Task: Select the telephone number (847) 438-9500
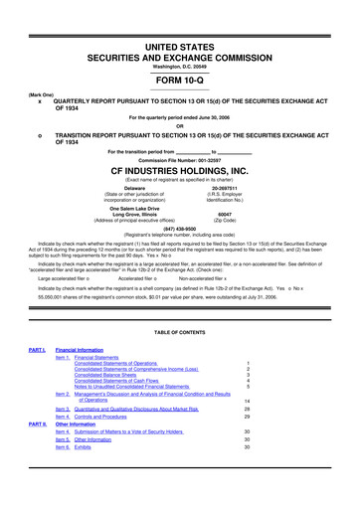click(180, 240)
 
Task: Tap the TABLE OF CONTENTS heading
click(180, 330)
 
